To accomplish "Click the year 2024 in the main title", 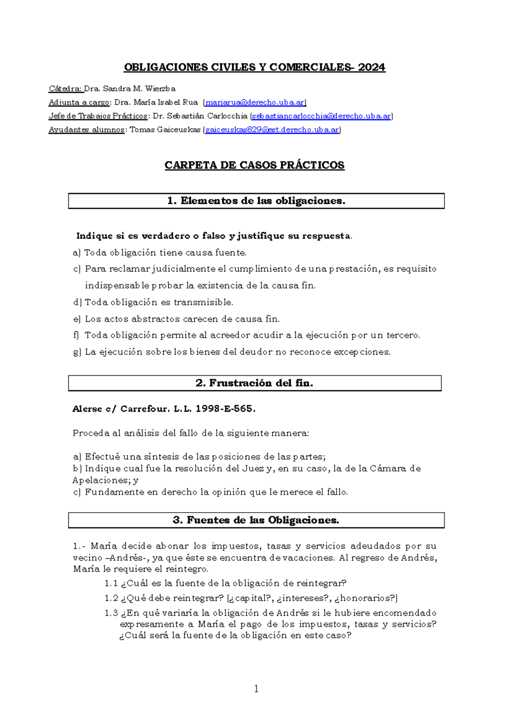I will coord(371,68).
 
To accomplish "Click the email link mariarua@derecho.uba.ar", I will coord(255,103).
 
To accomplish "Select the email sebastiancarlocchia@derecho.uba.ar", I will coord(321,116).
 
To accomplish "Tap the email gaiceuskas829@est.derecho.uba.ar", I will coord(272,130).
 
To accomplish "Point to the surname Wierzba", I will coord(160,89).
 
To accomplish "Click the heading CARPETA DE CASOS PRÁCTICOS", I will coord(254,165).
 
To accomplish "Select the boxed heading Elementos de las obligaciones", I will coord(256,201).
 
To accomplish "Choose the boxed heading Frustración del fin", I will coord(254,383).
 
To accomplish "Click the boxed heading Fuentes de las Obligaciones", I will coord(256,520).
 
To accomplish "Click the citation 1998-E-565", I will coord(225,409).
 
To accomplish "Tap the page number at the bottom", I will coord(256,689).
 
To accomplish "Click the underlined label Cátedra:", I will coord(65,89).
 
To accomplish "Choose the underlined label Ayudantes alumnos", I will coord(87,130).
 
